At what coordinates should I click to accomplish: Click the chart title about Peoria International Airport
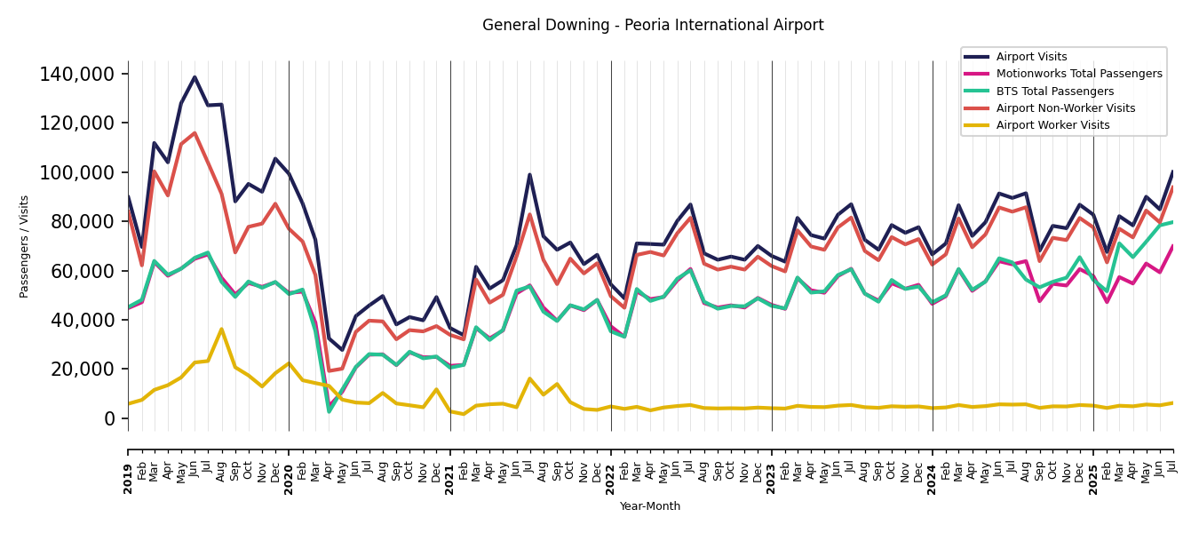[x=653, y=26]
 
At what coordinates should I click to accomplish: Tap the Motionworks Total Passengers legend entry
[x=1078, y=74]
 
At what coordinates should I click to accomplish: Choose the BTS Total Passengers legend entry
[x=1054, y=91]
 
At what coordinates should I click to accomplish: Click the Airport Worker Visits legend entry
[x=1052, y=125]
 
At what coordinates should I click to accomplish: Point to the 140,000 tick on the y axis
[x=77, y=74]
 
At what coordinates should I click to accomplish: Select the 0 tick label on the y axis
[x=109, y=418]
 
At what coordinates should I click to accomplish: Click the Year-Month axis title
[x=650, y=506]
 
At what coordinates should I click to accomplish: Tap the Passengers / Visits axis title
[x=25, y=246]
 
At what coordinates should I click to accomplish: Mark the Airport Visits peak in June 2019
[x=195, y=77]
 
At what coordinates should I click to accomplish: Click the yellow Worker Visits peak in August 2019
[x=221, y=330]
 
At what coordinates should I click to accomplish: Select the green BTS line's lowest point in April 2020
[x=329, y=411]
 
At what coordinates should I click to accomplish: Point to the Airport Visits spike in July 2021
[x=529, y=175]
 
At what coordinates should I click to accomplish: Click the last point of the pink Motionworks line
[x=1172, y=246]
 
